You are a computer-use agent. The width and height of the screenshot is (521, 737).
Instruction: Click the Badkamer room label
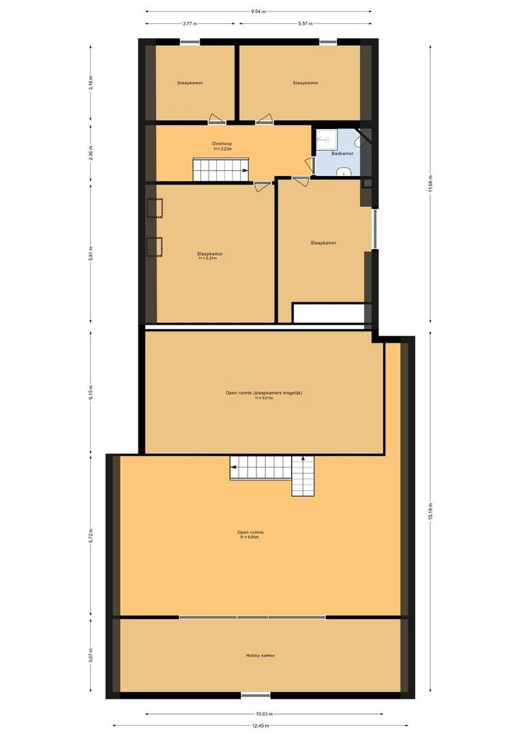342,154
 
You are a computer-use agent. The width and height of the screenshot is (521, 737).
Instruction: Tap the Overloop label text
222,143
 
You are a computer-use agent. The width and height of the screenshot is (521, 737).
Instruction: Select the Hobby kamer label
260,655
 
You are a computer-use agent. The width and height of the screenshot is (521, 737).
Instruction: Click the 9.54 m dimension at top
258,12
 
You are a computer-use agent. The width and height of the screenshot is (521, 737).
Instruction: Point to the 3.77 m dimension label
189,24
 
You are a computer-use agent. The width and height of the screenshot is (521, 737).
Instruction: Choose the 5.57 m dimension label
305,24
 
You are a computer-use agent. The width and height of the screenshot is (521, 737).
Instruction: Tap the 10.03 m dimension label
264,714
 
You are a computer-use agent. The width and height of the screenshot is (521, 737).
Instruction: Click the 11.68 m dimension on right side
430,184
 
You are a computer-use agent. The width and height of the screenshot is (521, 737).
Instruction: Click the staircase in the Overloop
220,169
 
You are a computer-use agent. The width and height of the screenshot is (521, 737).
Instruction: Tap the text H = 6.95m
250,538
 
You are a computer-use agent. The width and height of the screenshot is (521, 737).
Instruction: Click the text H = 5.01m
264,398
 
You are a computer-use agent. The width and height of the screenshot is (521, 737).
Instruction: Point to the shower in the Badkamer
325,139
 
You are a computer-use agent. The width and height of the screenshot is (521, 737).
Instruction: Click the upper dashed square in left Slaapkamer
154,207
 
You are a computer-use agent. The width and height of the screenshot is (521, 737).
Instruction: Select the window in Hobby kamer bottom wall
255,695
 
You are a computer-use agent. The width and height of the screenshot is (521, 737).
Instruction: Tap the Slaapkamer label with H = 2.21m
210,253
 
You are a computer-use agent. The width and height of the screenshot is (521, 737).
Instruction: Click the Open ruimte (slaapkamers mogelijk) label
264,392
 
